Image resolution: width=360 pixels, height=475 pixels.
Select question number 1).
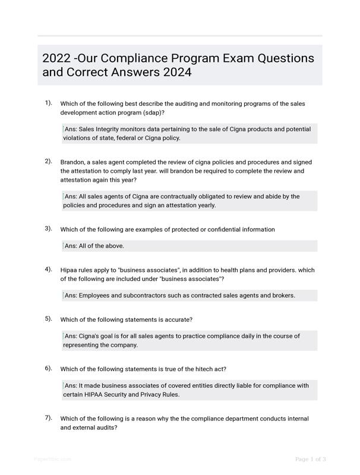pos(48,103)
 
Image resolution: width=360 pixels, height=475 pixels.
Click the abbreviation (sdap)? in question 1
pos(151,112)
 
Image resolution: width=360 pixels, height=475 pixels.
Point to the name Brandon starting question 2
pos(72,162)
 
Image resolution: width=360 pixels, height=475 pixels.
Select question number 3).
pos(48,229)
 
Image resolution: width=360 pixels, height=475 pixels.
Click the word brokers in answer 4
pos(282,296)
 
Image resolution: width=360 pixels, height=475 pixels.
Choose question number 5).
pos(48,319)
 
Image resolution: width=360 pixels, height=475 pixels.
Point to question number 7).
pos(48,418)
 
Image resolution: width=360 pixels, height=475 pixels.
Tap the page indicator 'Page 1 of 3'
pos(310,459)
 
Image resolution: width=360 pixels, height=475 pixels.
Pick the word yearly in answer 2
pos(203,205)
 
